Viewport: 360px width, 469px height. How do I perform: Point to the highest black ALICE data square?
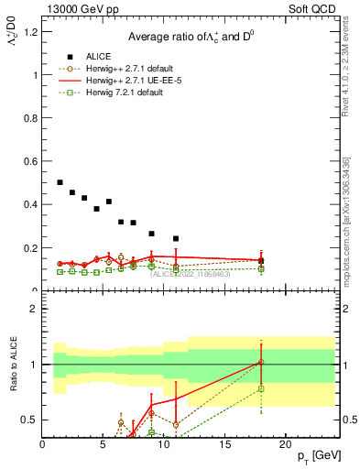point(60,182)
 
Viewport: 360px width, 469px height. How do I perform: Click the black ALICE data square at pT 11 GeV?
point(176,238)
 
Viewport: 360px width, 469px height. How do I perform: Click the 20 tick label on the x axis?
point(285,444)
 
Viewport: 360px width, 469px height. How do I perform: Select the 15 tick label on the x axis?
point(224,444)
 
